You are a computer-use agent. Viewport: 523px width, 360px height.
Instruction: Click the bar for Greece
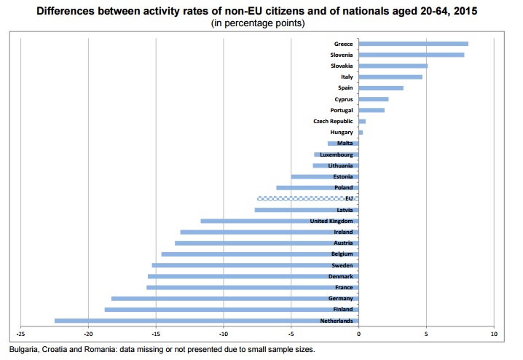pyautogui.click(x=413, y=44)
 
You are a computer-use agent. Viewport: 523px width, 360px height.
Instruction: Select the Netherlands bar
pyautogui.click(x=206, y=321)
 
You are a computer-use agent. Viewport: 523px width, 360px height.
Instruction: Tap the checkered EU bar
pyautogui.click(x=308, y=198)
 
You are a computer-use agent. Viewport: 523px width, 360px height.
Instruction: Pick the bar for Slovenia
pyautogui.click(x=412, y=55)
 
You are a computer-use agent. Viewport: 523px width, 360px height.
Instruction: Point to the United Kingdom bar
pyautogui.click(x=280, y=221)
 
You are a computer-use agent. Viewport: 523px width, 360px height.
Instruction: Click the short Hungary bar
pyautogui.click(x=361, y=133)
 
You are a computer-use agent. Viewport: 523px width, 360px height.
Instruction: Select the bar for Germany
pyautogui.click(x=235, y=298)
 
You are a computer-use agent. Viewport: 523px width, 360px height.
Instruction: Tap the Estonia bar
pyautogui.click(x=325, y=176)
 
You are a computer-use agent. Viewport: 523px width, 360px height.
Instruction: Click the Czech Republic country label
pyautogui.click(x=333, y=121)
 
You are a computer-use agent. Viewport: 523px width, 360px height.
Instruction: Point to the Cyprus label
pyautogui.click(x=344, y=99)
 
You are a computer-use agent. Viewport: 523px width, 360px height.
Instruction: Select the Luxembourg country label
pyautogui.click(x=337, y=154)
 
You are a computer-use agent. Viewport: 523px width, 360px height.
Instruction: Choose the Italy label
pyautogui.click(x=347, y=77)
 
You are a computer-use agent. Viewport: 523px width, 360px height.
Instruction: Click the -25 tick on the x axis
pyautogui.click(x=20, y=334)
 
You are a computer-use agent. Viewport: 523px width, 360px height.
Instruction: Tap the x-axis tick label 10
pyautogui.click(x=494, y=334)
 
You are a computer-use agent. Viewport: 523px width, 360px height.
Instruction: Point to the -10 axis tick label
pyautogui.click(x=224, y=334)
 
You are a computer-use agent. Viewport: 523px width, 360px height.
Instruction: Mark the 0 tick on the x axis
pyautogui.click(x=358, y=334)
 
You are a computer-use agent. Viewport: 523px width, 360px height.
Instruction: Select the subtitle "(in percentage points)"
pyautogui.click(x=258, y=23)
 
